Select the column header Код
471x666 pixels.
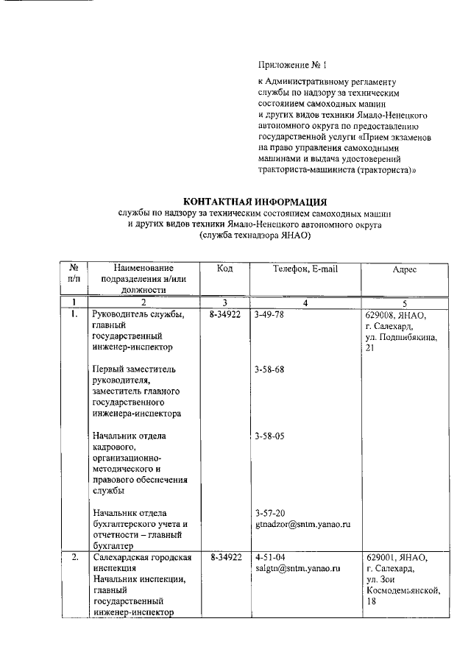coord(224,269)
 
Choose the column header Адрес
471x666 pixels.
coord(404,270)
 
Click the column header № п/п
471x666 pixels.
coord(74,274)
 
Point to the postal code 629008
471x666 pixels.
coord(384,314)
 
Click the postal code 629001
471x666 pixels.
coord(384,557)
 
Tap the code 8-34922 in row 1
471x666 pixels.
coord(225,314)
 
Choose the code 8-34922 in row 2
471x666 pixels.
coord(225,557)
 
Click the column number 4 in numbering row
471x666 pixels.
coord(305,302)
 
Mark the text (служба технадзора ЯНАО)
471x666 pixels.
coord(254,235)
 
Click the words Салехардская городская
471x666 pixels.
coord(142,557)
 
